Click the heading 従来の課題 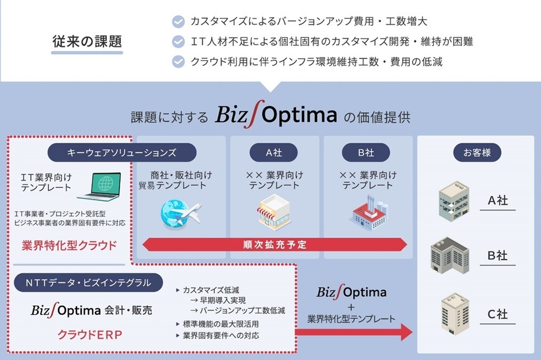87,42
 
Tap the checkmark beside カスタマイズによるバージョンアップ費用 178,22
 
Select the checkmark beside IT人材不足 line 178,41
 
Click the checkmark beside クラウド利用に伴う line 178,61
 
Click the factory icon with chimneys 368,211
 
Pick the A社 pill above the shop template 274,152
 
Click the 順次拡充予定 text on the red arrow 275,244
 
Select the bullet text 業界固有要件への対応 220,335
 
